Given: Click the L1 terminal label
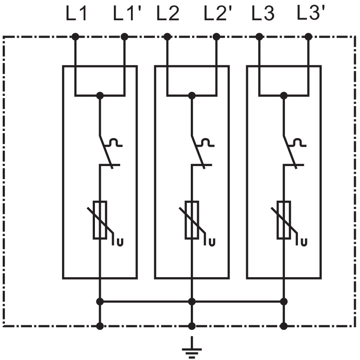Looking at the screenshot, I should [76, 14].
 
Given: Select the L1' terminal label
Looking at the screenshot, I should [127, 14].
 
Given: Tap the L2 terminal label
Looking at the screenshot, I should [168, 14].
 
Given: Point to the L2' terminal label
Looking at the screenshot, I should [218, 14].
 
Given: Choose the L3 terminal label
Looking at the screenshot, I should [262, 14].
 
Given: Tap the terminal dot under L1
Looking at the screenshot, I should [75, 36].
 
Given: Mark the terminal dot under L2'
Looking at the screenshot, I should [216, 36].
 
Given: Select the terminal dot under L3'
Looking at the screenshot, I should [308, 36].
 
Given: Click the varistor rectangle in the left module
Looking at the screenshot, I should [100, 219].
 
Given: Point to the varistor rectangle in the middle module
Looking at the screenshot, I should [192, 219].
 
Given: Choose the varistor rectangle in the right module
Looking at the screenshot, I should [283, 219].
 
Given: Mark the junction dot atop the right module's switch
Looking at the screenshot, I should [283, 95].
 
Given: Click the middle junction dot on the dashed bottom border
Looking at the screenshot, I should [192, 326].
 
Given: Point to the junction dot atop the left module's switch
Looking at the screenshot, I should [100, 95].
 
